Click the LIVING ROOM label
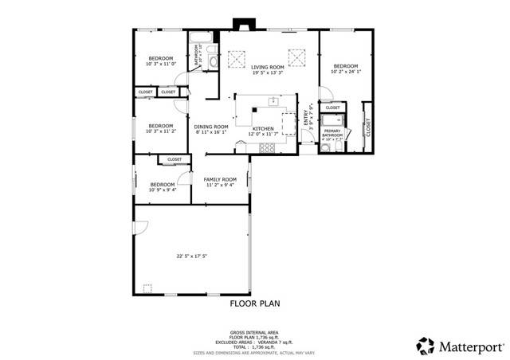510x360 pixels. tap(268, 67)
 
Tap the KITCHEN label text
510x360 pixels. tap(264, 128)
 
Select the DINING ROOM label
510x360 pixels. tap(212, 127)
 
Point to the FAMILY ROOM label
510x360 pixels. tap(221, 179)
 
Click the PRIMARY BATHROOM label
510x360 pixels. tap(332, 133)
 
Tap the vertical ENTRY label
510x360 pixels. tap(305, 118)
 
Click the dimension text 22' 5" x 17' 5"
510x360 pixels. tap(192, 256)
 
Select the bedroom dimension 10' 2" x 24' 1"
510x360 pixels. tap(345, 72)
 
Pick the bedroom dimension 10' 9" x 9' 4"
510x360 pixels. tap(163, 190)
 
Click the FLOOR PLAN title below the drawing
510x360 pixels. tap(255, 303)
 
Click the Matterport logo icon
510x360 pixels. tap(424, 345)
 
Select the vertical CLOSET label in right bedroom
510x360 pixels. tap(368, 127)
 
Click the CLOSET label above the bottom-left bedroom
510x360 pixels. tap(175, 160)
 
